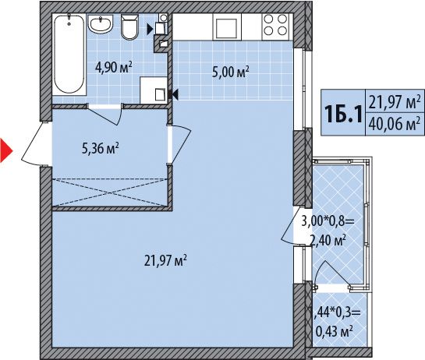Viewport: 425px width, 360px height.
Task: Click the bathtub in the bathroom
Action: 69,55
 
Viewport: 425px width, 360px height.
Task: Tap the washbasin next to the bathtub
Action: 101,24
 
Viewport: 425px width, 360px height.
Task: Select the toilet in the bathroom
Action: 129,26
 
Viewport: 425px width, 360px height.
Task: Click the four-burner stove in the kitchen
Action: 275,26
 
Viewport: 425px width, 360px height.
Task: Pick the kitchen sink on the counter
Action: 227,26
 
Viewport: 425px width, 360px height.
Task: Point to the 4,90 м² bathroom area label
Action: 114,68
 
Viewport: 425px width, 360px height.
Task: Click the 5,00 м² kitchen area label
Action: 230,72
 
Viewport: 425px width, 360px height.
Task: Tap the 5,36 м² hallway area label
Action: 101,149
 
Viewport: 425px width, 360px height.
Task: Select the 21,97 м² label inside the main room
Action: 165,260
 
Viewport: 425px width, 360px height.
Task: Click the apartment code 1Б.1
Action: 343,114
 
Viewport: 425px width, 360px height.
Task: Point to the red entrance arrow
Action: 6,150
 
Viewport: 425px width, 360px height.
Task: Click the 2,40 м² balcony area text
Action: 328,240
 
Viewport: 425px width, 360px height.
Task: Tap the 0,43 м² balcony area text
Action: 335,331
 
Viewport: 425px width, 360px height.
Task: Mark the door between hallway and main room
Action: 179,145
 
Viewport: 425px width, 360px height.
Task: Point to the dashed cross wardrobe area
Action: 110,192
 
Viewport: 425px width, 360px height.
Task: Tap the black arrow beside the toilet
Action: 150,30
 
